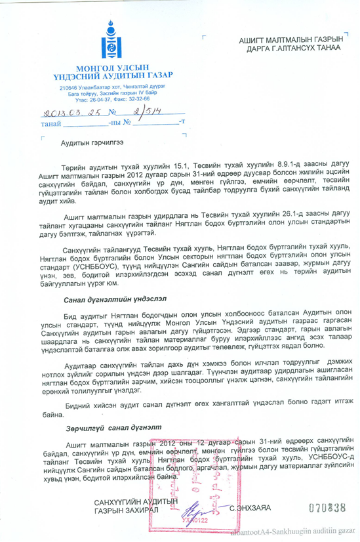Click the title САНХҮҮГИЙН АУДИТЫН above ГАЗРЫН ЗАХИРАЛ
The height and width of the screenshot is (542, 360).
136,502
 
